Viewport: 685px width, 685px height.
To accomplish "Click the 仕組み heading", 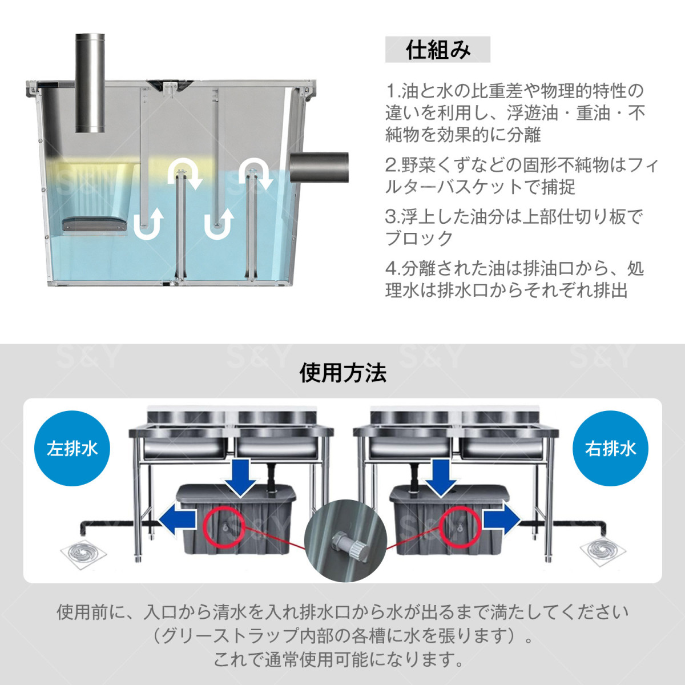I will pyautogui.click(x=438, y=50).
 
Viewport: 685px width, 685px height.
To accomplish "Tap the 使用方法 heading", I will pyautogui.click(x=342, y=373).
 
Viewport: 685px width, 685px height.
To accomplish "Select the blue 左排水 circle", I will pyautogui.click(x=72, y=449).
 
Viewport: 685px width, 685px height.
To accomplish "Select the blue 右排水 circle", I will pyautogui.click(x=610, y=449).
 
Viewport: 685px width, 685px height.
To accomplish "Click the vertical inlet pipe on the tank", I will pyautogui.click(x=90, y=83).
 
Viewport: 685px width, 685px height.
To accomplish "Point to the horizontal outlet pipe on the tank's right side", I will pyautogui.click(x=319, y=167).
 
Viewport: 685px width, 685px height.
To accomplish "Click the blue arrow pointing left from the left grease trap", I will pyautogui.click(x=178, y=520).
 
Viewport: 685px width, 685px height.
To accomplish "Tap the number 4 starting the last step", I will pyautogui.click(x=390, y=268).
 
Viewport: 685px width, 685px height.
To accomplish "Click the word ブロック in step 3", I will pyautogui.click(x=419, y=238).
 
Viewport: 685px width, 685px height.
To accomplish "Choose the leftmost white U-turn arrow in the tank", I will pyautogui.click(x=148, y=224).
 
